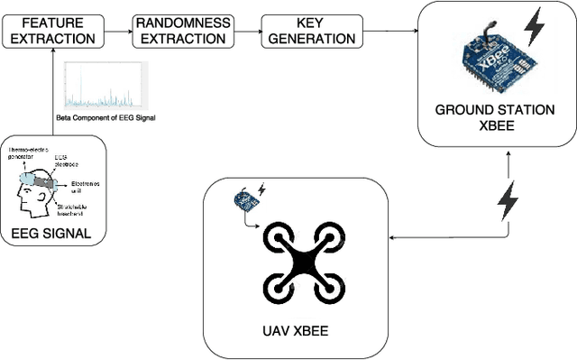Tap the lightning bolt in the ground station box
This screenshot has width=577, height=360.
pyautogui.click(x=535, y=27)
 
